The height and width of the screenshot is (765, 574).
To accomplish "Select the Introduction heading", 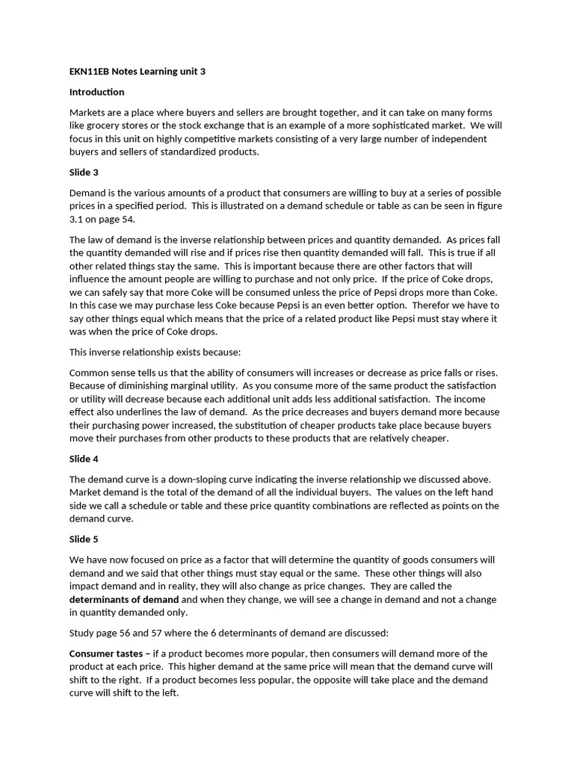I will pyautogui.click(x=96, y=92).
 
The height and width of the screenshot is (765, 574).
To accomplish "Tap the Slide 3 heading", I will pyautogui.click(x=84, y=173).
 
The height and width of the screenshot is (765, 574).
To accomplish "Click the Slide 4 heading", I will pyautogui.click(x=84, y=459).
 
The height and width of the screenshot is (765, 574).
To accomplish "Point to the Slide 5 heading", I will pyautogui.click(x=84, y=539).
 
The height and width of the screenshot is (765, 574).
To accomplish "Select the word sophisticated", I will pyautogui.click(x=363, y=126).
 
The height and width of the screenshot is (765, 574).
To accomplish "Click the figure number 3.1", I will pyautogui.click(x=76, y=219).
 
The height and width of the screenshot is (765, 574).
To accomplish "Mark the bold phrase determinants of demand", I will pyautogui.click(x=124, y=599).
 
